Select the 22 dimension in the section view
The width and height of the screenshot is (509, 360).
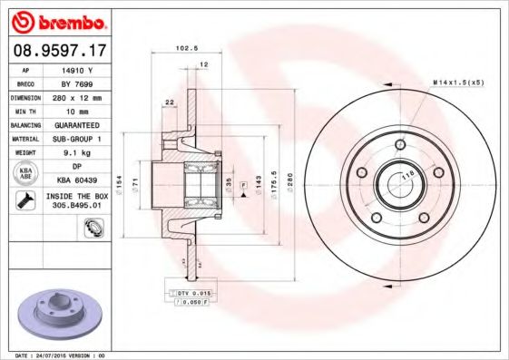pyautogui.click(x=170, y=102)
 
